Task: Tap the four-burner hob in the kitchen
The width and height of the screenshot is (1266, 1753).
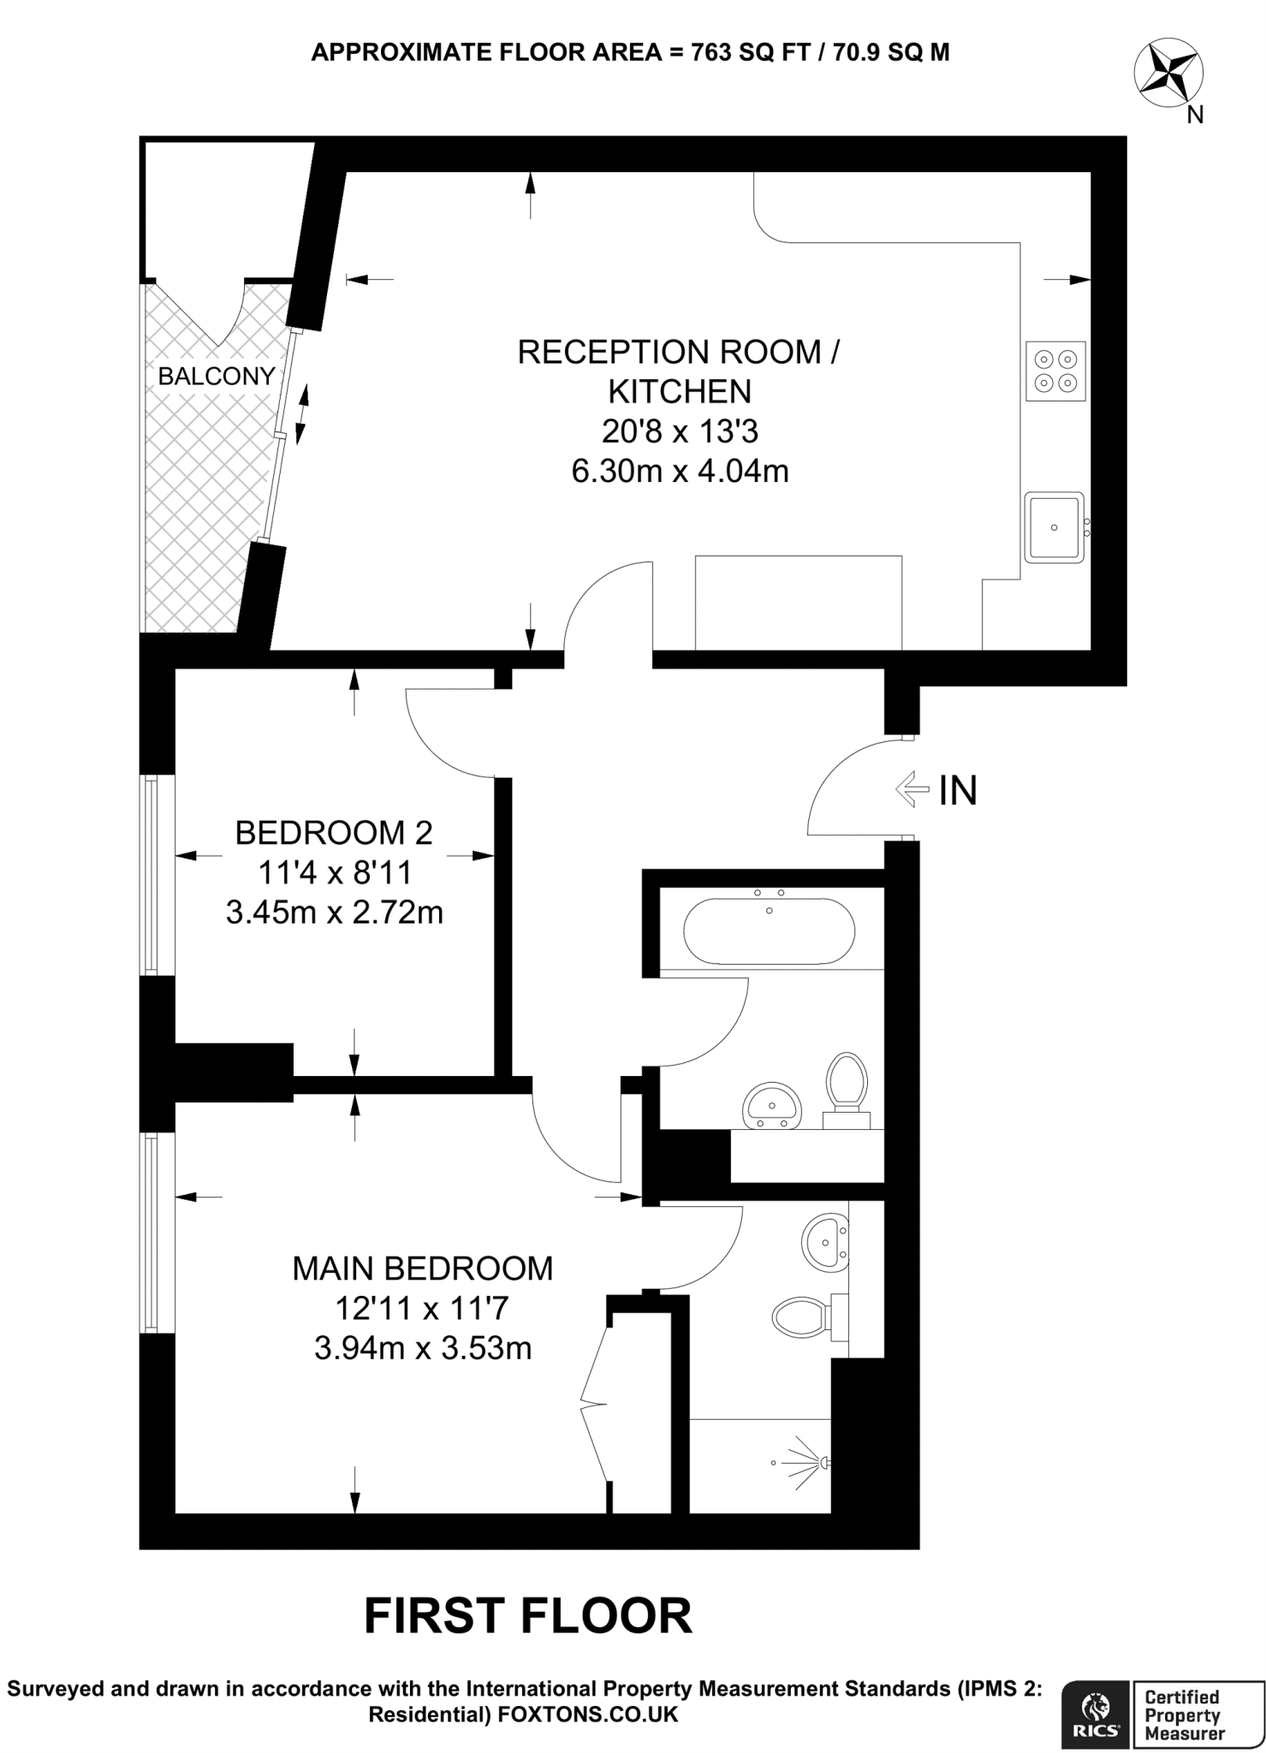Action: point(1055,371)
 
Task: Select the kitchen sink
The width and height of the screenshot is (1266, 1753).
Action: point(1054,527)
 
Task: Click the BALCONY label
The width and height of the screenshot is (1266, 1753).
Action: point(217,376)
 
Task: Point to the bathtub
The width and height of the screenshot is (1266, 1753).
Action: point(768,931)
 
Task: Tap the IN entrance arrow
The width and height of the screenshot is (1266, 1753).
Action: point(912,789)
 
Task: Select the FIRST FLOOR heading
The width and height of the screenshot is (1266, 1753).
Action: point(527,1616)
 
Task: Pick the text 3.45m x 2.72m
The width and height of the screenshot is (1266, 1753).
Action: point(335,912)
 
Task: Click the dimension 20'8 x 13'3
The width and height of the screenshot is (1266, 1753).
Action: point(680,431)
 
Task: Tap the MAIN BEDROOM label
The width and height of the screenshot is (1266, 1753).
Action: point(423,1269)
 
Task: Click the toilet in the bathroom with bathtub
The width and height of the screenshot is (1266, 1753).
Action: point(846,1081)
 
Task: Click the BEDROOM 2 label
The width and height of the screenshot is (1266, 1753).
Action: point(334,832)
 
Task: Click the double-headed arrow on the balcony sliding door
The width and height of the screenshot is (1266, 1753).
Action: point(300,415)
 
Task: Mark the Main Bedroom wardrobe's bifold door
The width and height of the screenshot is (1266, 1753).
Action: point(594,1404)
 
